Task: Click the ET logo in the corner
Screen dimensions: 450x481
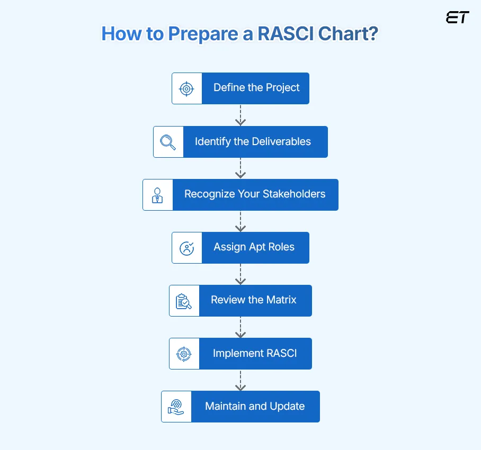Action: pyautogui.click(x=457, y=17)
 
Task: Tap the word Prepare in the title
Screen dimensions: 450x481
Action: pyautogui.click(x=207, y=34)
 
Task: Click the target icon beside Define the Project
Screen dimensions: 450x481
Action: pyautogui.click(x=186, y=88)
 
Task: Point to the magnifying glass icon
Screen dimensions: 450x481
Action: pyautogui.click(x=168, y=142)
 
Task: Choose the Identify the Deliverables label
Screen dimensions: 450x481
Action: pyautogui.click(x=253, y=142)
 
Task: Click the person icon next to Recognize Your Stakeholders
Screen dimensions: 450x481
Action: pyautogui.click(x=157, y=195)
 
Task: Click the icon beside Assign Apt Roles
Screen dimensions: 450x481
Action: pyautogui.click(x=186, y=248)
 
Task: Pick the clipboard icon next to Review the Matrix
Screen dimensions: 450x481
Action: pyautogui.click(x=184, y=301)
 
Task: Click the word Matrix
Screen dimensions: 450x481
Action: pyautogui.click(x=281, y=300)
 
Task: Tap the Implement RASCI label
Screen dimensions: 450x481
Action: pyautogui.click(x=255, y=354)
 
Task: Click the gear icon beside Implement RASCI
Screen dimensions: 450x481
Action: pyautogui.click(x=184, y=354)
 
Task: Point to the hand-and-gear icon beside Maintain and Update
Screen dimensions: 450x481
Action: pyautogui.click(x=176, y=407)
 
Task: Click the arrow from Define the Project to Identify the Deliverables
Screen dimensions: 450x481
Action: pyautogui.click(x=240, y=115)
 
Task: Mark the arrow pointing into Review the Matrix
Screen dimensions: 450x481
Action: pyautogui.click(x=240, y=274)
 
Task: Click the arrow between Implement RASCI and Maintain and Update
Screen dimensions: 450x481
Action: pyautogui.click(x=240, y=380)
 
